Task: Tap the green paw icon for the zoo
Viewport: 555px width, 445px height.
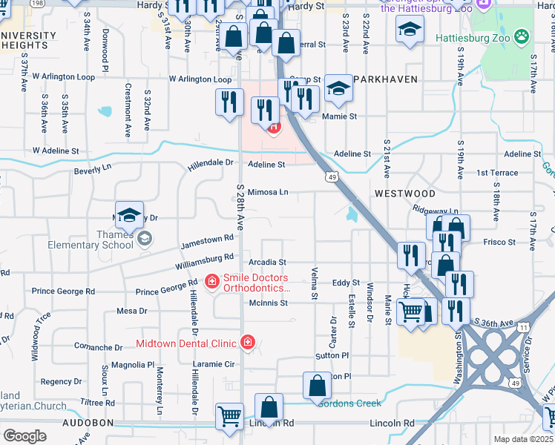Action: click(523, 35)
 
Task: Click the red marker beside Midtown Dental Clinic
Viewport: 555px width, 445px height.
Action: click(247, 343)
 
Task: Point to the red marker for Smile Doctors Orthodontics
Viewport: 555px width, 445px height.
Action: click(211, 282)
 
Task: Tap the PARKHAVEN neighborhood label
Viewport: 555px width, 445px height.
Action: click(385, 79)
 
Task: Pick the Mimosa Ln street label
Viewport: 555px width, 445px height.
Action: click(268, 191)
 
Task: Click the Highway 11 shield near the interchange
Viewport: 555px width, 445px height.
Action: click(524, 326)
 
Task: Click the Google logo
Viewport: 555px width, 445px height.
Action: click(24, 436)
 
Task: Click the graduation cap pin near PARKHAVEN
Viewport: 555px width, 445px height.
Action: click(338, 89)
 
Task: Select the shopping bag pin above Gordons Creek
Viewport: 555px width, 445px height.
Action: click(318, 386)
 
